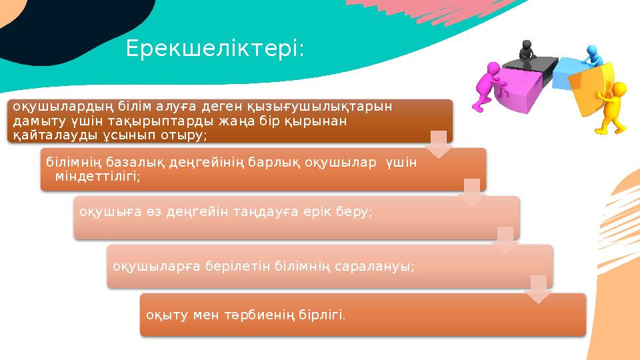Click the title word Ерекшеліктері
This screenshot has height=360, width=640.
pos(215,49)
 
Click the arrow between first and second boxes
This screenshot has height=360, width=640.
pos(438,145)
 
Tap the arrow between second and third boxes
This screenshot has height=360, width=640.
pos(471,192)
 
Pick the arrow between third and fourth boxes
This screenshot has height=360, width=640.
pos(505,240)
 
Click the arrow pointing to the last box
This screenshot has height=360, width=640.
pos(538,289)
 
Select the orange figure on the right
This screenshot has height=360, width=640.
pos(613,107)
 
